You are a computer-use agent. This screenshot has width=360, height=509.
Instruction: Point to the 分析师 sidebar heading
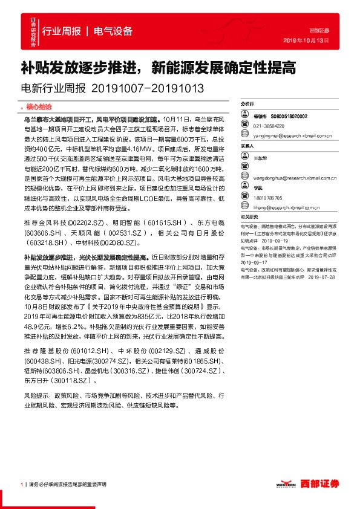click(247, 105)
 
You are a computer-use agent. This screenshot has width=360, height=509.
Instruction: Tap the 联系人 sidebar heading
click(247, 146)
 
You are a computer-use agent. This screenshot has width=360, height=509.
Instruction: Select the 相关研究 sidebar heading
click(249, 217)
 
